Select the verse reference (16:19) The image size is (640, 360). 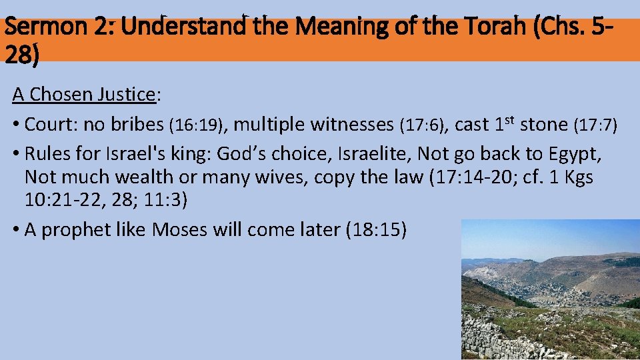tap(198, 125)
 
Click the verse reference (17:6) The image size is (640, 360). tap(423, 125)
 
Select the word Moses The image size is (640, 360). tap(181, 229)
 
